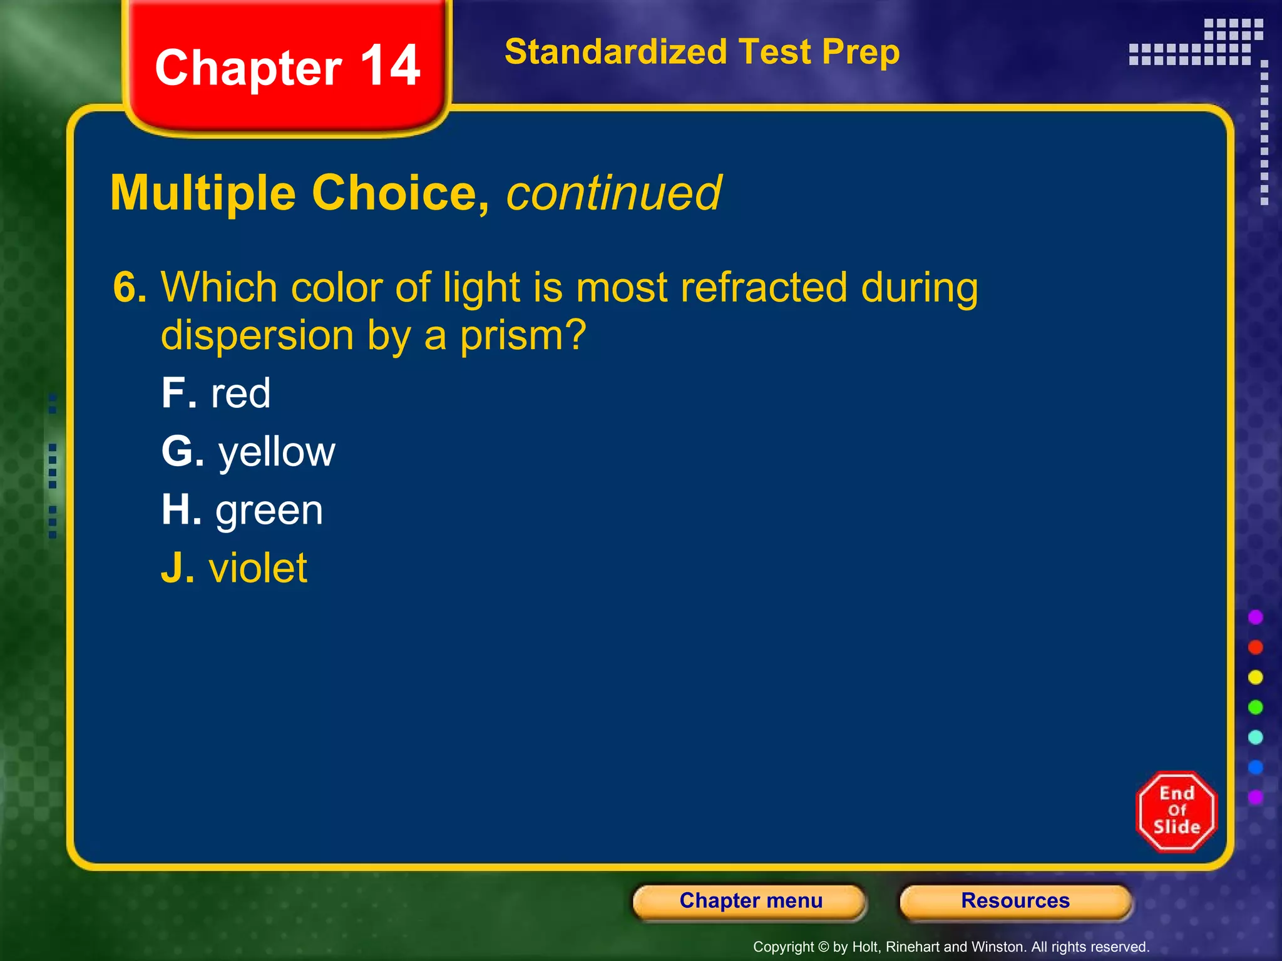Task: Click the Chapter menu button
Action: [x=750, y=901]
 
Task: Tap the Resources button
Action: [x=1015, y=901]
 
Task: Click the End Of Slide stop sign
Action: [x=1176, y=811]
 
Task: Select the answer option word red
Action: [x=240, y=394]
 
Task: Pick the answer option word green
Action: [x=269, y=511]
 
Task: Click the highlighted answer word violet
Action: [x=257, y=568]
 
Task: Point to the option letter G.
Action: [x=177, y=452]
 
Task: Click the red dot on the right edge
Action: [x=1255, y=647]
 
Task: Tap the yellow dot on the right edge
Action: [x=1255, y=677]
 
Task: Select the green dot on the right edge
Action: [x=1255, y=707]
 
